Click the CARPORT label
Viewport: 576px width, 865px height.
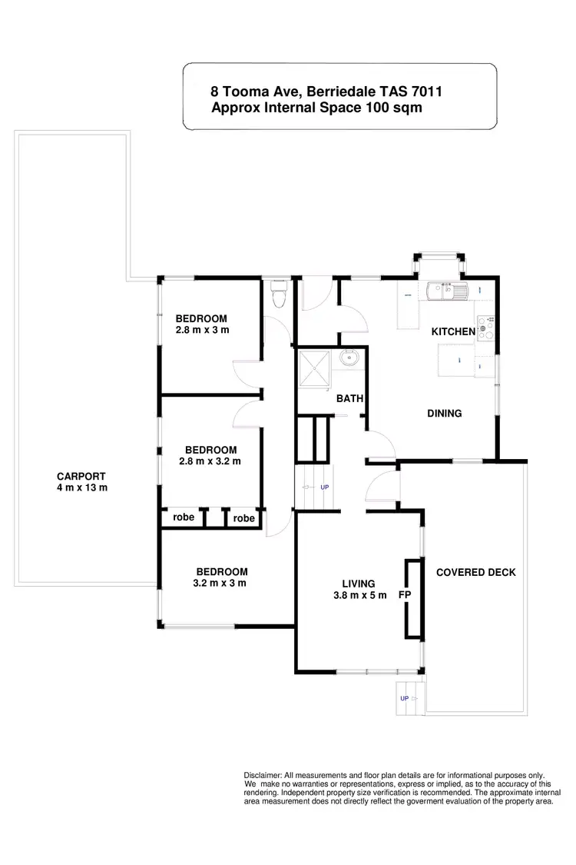point(81,476)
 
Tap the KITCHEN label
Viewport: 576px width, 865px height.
point(453,331)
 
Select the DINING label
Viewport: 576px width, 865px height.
point(444,414)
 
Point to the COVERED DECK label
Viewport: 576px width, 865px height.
point(475,572)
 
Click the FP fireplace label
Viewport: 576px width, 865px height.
point(404,594)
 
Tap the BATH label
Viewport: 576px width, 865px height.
point(349,398)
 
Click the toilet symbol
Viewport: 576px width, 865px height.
point(279,294)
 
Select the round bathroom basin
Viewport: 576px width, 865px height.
point(352,358)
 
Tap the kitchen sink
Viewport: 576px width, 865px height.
point(446,291)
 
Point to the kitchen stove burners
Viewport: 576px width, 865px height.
point(485,329)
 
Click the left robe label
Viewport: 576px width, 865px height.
point(183,517)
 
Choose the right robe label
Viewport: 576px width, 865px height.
point(243,518)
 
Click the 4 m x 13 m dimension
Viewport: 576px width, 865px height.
point(81,487)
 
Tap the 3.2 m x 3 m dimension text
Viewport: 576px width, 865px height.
point(221,583)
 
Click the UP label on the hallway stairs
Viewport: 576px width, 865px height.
point(325,487)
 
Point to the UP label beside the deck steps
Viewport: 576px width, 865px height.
point(404,698)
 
